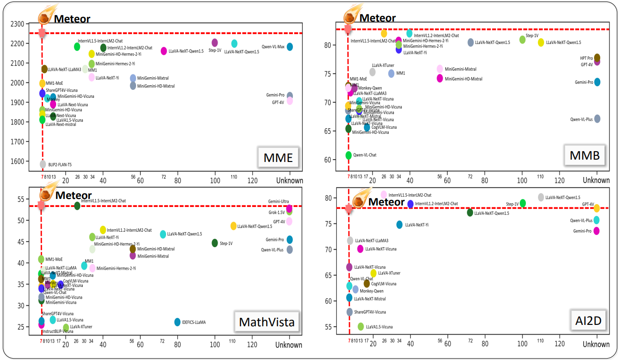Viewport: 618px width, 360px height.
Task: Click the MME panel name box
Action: click(278, 158)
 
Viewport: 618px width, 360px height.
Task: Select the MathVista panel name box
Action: click(267, 322)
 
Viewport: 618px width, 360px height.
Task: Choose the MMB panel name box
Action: click(584, 156)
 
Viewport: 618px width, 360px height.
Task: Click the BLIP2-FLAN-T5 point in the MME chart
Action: click(43, 164)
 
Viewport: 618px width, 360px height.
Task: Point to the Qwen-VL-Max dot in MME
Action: click(290, 47)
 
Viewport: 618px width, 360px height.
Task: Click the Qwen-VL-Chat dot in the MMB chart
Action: click(349, 155)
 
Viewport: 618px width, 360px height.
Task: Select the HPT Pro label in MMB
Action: click(586, 59)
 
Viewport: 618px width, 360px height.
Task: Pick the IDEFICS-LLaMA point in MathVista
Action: click(177, 322)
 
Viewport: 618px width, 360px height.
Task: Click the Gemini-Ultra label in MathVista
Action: click(278, 201)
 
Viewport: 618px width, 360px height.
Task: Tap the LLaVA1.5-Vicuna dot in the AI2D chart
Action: click(361, 326)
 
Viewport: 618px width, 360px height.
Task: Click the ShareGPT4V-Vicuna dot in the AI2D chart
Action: click(349, 312)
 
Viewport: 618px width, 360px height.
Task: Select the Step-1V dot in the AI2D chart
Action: click(523, 203)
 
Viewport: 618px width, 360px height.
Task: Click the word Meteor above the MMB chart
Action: click(378, 18)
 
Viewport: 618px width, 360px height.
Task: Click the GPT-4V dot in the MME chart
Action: click(290, 101)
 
